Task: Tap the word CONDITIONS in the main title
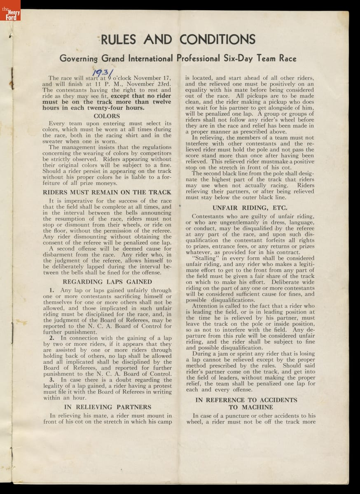click(217, 40)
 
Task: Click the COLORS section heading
click(107, 116)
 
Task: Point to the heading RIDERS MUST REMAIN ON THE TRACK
click(107, 192)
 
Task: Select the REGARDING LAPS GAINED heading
click(107, 282)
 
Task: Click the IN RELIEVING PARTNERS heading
click(107, 407)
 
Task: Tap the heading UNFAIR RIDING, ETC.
click(250, 208)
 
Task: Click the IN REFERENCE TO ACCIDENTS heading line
click(246, 400)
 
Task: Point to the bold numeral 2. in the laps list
click(52, 338)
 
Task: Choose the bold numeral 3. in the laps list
click(52, 380)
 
